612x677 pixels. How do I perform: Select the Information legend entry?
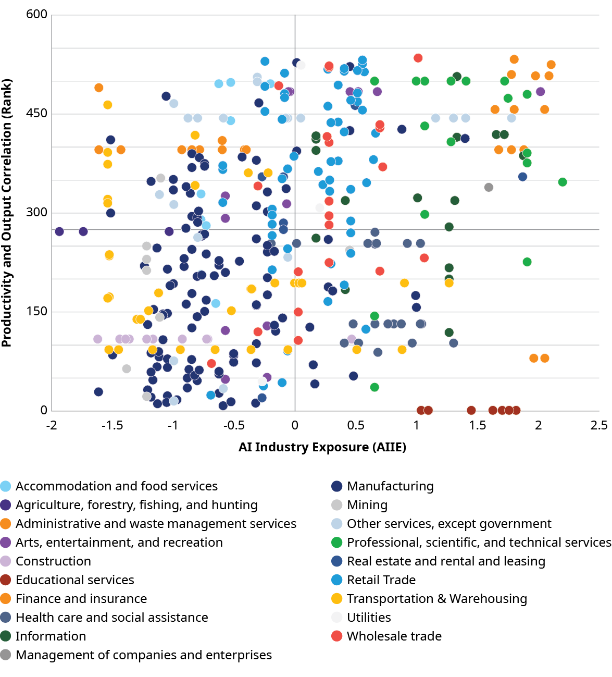coord(51,636)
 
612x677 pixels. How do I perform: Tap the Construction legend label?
coord(53,561)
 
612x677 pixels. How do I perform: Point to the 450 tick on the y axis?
coord(36,114)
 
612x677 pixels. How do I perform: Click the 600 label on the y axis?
coord(36,15)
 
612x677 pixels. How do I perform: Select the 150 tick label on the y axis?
coord(36,312)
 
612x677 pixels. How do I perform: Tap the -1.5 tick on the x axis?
coord(112,425)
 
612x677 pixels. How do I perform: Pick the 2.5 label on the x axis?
coord(599,425)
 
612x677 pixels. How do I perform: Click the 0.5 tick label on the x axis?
coord(356,425)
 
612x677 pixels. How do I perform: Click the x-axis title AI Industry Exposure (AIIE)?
coord(322,447)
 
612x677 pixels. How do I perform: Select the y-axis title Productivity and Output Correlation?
coord(7,213)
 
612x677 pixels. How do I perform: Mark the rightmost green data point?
coord(563,182)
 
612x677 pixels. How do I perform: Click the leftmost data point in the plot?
coord(59,231)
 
